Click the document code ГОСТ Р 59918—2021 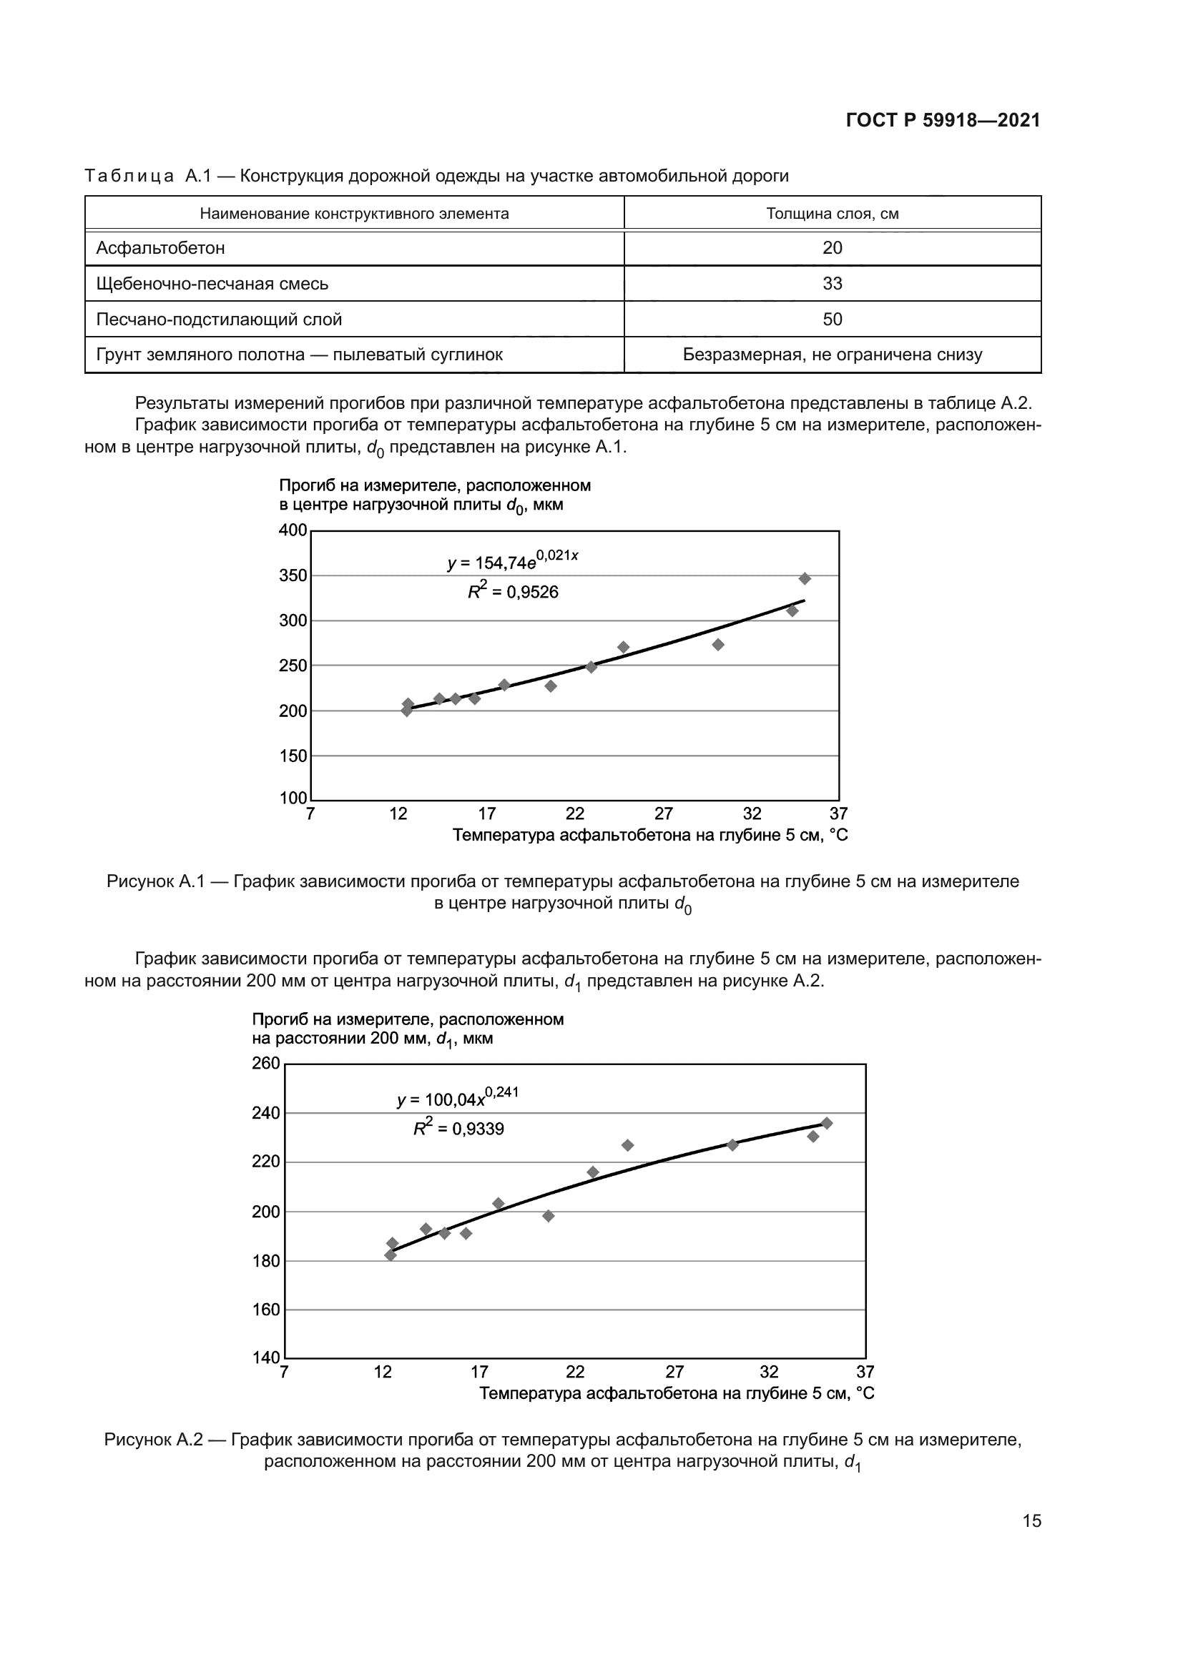pyautogui.click(x=943, y=121)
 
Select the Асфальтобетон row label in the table pyautogui.click(x=160, y=248)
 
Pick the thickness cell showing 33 pyautogui.click(x=832, y=284)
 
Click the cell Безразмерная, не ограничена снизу pyautogui.click(x=832, y=355)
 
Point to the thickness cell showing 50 pyautogui.click(x=832, y=320)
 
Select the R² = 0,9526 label pyautogui.click(x=513, y=591)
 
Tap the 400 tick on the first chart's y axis pyautogui.click(x=293, y=530)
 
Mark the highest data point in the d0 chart pyautogui.click(x=804, y=579)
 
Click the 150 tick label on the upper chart pyautogui.click(x=293, y=756)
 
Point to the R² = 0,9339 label pyautogui.click(x=459, y=1128)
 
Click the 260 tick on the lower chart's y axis pyautogui.click(x=266, y=1063)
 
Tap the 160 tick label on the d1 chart pyautogui.click(x=266, y=1310)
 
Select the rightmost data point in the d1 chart pyautogui.click(x=826, y=1123)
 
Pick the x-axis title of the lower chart pyautogui.click(x=677, y=1393)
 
